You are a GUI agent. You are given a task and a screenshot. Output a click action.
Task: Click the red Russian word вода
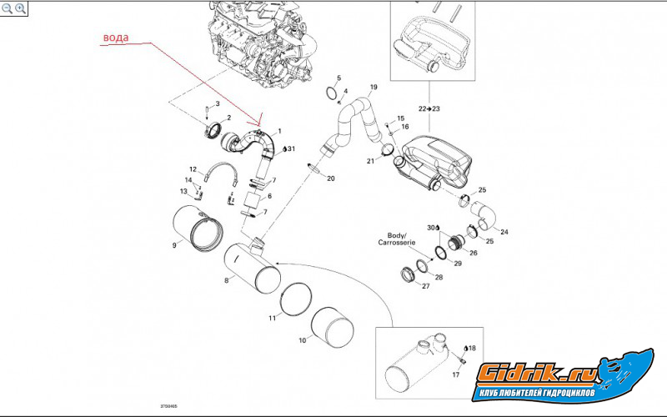(116, 38)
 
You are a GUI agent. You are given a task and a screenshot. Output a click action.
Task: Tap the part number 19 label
(373, 88)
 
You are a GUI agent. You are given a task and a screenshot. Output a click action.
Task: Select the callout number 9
(174, 245)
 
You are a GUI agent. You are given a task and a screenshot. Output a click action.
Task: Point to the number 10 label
(302, 341)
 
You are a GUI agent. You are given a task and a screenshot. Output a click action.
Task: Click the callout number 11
(273, 318)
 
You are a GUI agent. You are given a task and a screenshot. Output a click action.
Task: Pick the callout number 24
(504, 231)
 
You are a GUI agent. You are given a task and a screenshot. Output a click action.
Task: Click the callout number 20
(330, 178)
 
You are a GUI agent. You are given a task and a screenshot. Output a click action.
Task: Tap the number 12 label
(193, 168)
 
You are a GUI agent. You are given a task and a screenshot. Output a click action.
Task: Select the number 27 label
(425, 286)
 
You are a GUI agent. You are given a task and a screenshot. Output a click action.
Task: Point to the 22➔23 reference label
(429, 108)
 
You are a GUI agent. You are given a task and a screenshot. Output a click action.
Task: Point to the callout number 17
(454, 375)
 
